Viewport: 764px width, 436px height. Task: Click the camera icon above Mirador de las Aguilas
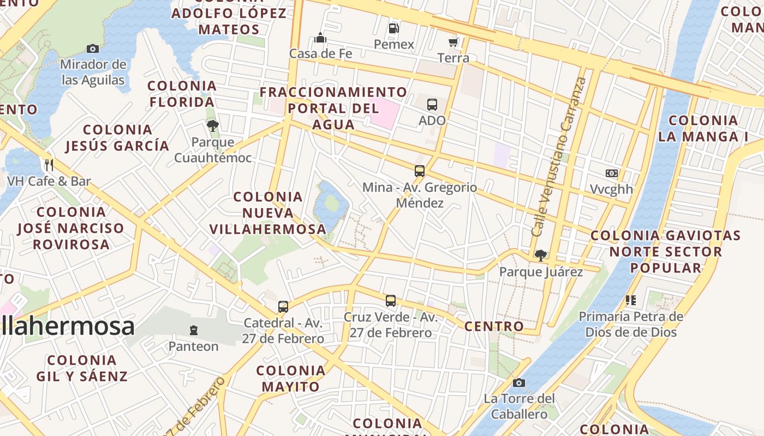(93, 49)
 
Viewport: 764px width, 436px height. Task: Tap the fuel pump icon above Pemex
(393, 28)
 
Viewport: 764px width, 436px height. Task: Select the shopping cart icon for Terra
(453, 42)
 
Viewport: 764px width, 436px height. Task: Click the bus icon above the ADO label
(432, 104)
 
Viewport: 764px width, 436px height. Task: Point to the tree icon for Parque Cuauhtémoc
(213, 126)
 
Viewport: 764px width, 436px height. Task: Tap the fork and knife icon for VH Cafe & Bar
(49, 165)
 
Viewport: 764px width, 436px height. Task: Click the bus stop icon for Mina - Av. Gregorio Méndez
(419, 171)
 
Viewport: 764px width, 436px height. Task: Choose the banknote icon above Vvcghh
(611, 173)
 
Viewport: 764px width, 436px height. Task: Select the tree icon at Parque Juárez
(541, 255)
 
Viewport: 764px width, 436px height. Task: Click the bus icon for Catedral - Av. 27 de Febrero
(283, 306)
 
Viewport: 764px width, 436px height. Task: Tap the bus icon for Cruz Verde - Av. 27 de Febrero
(390, 300)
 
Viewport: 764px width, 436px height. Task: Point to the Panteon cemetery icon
(193, 330)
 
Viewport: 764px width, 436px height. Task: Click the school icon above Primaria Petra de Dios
(631, 300)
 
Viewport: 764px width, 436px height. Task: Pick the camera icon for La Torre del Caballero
(519, 383)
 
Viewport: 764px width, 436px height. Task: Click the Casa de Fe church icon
(320, 38)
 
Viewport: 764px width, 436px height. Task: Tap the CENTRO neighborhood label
(494, 326)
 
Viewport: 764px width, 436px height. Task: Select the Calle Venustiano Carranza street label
(559, 157)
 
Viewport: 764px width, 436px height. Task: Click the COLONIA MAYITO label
(291, 379)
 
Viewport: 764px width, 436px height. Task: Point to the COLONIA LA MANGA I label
(703, 129)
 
